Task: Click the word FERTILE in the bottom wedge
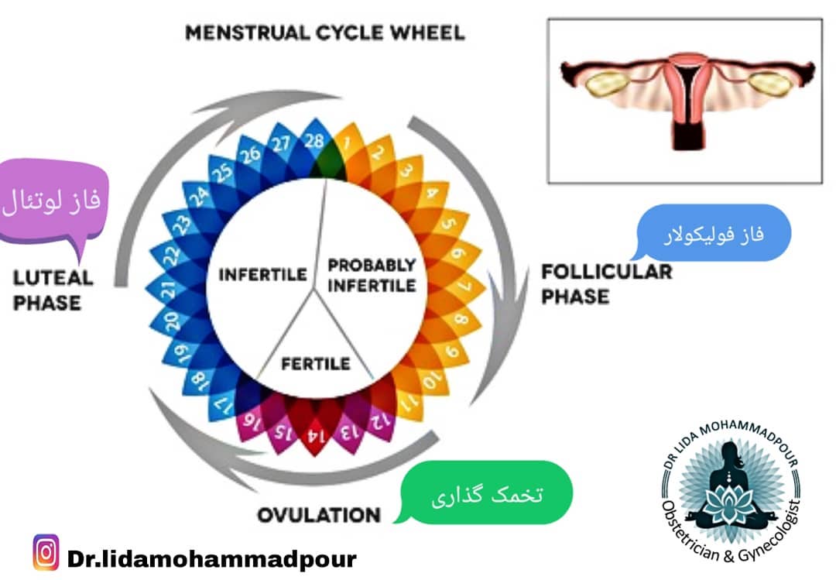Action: (x=315, y=363)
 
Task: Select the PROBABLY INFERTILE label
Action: (x=372, y=275)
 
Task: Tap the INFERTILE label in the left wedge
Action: (x=262, y=274)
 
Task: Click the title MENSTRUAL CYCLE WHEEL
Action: (x=325, y=33)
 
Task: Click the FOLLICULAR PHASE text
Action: (x=606, y=283)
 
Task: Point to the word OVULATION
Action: (x=318, y=515)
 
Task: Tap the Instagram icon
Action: (x=46, y=553)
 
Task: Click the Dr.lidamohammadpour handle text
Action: (x=212, y=558)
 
